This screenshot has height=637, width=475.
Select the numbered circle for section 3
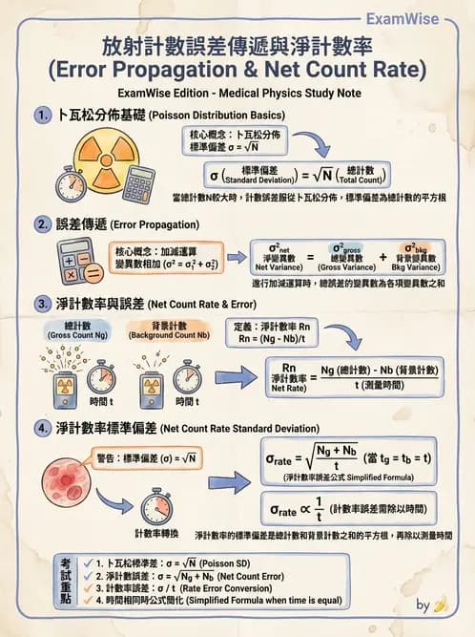click(42, 305)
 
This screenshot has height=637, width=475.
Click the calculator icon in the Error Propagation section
click(80, 258)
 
